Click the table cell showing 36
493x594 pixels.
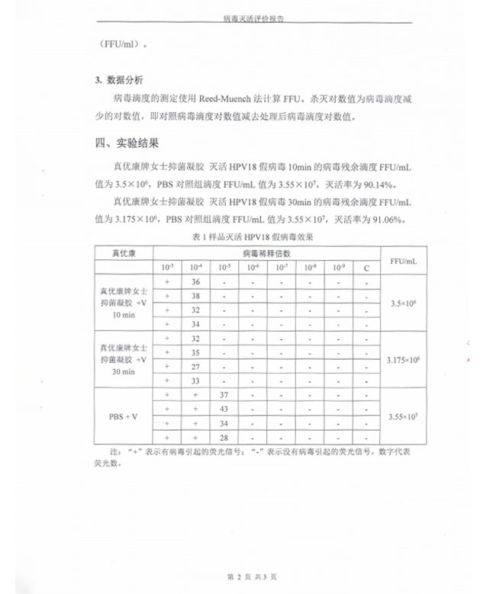[x=195, y=281]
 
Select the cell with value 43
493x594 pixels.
[x=224, y=409]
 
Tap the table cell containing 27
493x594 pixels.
[x=195, y=366]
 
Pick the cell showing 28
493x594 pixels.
[x=224, y=438]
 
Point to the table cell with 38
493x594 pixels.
[x=195, y=296]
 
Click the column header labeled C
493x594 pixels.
[x=366, y=268]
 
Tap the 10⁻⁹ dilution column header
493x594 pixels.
[x=338, y=268]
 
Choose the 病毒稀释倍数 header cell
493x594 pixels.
[x=266, y=252]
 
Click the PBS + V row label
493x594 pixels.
[x=124, y=416]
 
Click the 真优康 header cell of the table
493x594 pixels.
[x=124, y=252]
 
